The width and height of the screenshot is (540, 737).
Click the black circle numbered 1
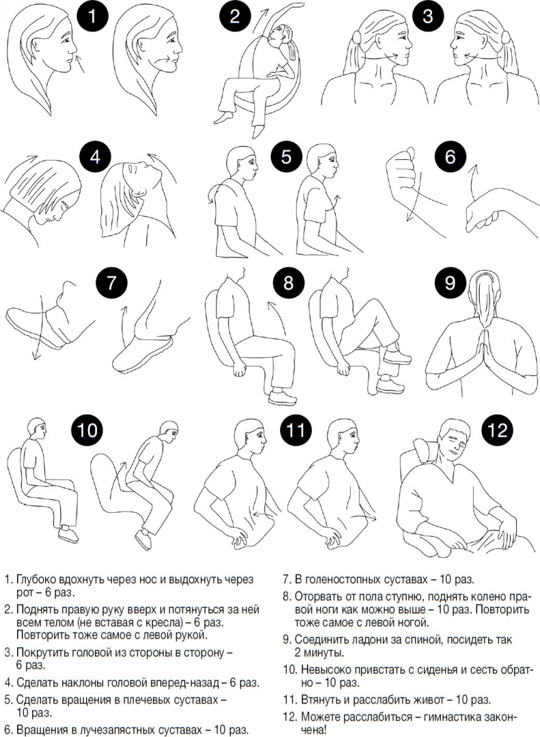tap(92, 17)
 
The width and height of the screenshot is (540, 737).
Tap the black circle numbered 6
tap(450, 157)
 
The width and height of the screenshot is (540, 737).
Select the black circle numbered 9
tap(450, 282)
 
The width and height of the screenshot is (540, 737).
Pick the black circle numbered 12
tap(497, 429)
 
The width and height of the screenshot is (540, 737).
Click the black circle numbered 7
tap(111, 282)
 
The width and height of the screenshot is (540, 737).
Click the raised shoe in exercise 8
tap(397, 357)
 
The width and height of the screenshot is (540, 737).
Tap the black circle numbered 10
tap(87, 429)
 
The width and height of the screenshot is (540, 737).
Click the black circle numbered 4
tap(96, 157)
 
